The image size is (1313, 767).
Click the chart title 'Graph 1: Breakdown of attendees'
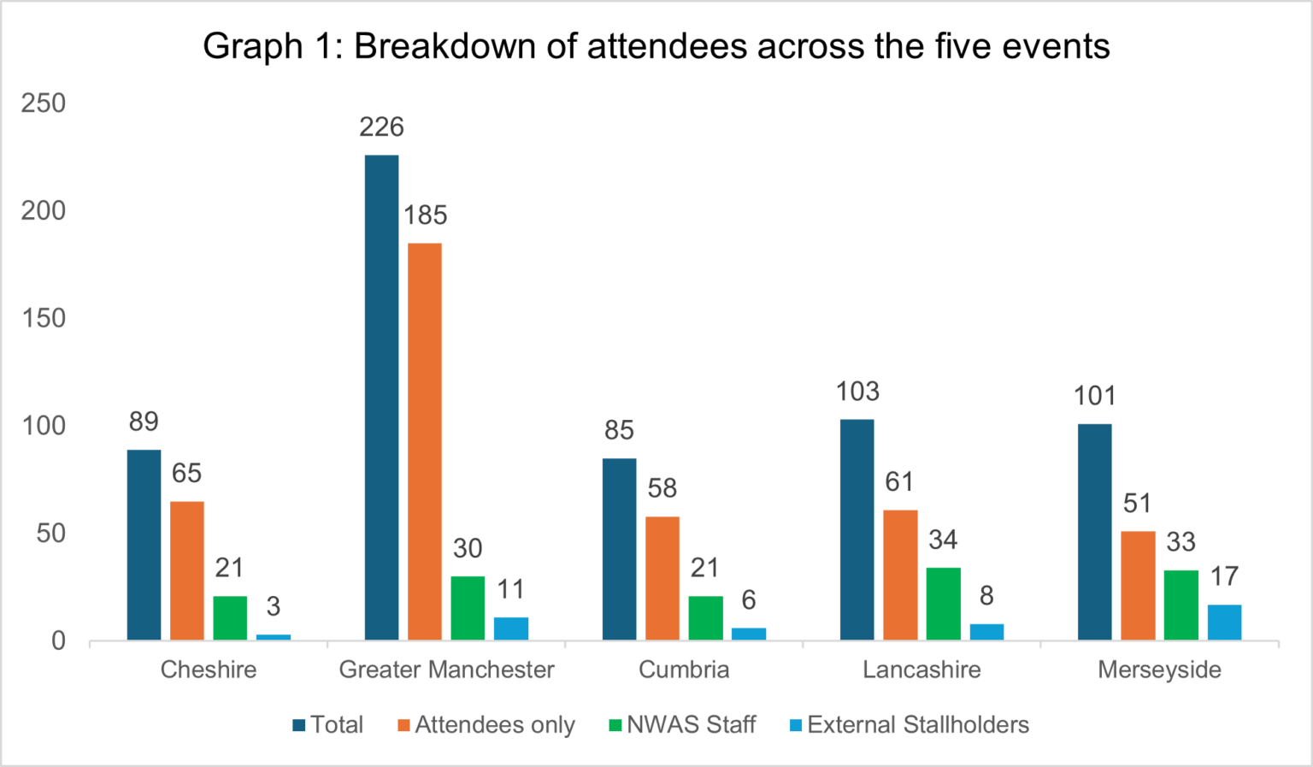pos(656,46)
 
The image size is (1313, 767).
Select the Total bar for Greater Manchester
pos(381,398)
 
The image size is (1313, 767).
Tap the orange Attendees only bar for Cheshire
pos(187,570)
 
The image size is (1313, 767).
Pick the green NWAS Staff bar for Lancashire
pos(943,604)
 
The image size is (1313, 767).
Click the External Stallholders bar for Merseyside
pos(1224,622)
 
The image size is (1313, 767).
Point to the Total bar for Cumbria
pos(619,549)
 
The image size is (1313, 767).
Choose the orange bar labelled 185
pos(425,441)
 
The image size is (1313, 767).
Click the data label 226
pos(381,127)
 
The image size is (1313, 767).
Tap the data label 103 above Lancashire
pos(857,392)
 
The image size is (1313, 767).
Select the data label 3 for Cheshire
pos(273,606)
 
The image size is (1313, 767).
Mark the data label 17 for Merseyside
pos(1224,576)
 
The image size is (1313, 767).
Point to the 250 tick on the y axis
pos(44,103)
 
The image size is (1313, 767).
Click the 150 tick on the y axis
pos(44,318)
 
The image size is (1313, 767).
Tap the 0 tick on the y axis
pos(58,640)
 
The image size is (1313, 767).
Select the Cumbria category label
pos(684,670)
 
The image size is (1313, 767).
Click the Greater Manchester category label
pos(446,670)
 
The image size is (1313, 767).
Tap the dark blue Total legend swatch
pos(299,726)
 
